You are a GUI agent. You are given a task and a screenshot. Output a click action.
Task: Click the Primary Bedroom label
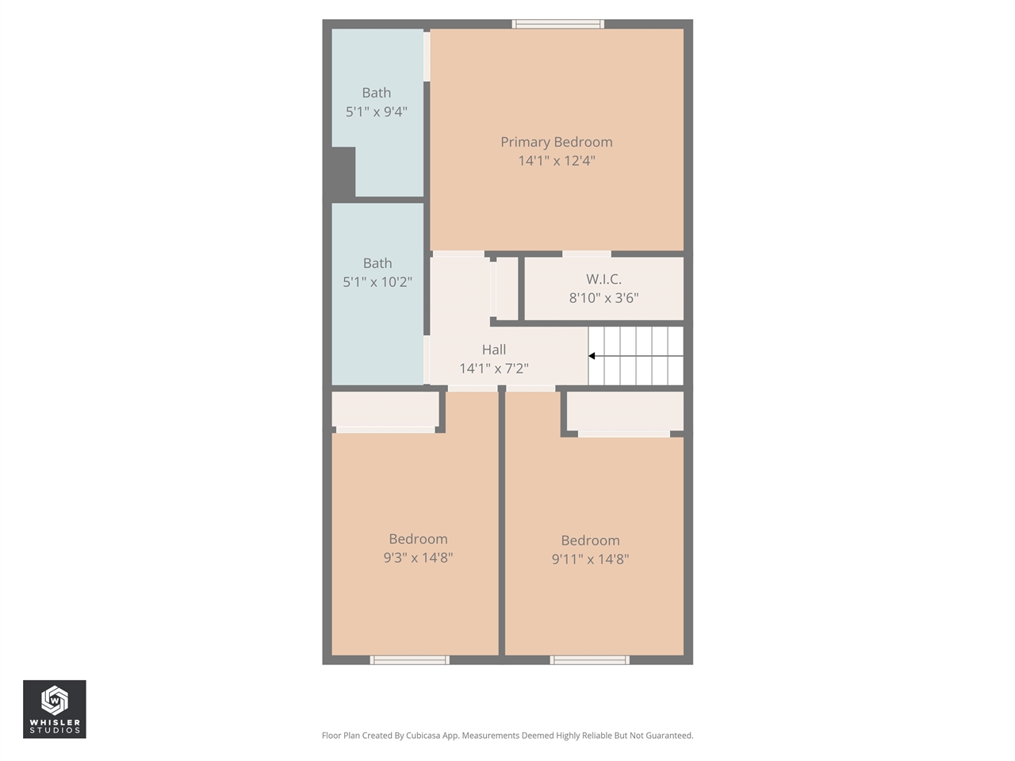[556, 142]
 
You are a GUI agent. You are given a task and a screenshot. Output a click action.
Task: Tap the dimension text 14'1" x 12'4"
[556, 161]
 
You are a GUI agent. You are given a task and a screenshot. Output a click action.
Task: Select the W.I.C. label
[603, 279]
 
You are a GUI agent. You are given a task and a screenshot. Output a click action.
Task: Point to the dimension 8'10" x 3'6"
[603, 298]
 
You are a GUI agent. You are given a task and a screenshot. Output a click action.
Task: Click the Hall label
[493, 350]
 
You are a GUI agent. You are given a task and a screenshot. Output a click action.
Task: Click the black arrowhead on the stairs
[592, 356]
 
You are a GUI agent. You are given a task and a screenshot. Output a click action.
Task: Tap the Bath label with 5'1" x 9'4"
[376, 93]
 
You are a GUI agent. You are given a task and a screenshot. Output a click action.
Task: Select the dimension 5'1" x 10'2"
[377, 282]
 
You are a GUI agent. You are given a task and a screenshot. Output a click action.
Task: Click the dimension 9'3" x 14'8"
[418, 558]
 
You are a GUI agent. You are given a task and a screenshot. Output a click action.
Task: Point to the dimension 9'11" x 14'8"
[590, 560]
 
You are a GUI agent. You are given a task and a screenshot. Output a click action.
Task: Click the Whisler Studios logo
[55, 709]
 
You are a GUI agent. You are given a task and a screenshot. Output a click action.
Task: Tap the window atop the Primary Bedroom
[558, 25]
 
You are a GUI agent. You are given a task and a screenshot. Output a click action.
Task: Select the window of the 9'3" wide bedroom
[410, 660]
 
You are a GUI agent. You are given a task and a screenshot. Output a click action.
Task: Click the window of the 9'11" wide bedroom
[590, 660]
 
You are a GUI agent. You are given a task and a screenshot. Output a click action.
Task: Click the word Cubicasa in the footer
[423, 736]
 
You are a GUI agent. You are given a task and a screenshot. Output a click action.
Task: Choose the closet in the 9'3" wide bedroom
[385, 410]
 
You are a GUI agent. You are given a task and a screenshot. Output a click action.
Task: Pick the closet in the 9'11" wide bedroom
[625, 411]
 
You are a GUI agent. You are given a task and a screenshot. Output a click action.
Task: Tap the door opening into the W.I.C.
[587, 254]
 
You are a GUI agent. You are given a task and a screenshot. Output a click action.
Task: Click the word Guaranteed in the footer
[668, 736]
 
